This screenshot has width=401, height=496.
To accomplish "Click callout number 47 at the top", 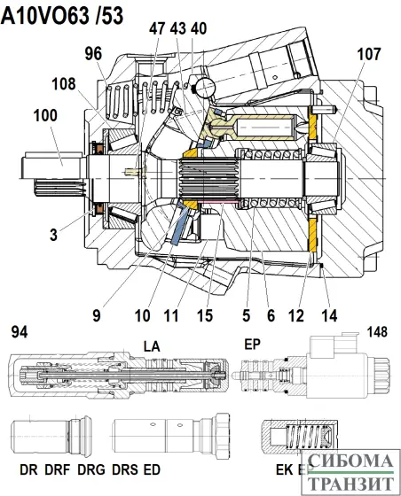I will click(x=157, y=29).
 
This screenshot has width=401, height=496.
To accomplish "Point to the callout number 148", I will click(x=379, y=332).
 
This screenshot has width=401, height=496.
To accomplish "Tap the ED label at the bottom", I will click(x=153, y=468).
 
